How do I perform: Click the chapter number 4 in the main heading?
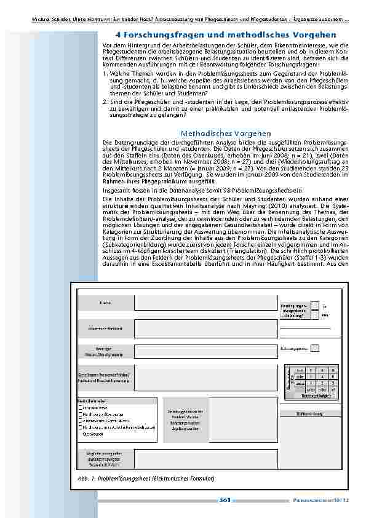(x=118, y=35)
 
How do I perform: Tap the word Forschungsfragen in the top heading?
(x=157, y=35)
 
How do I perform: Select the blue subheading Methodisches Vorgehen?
(x=226, y=133)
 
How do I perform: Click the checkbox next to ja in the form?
(x=315, y=305)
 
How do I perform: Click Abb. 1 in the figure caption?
(x=84, y=478)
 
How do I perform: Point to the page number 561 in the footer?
(x=225, y=500)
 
